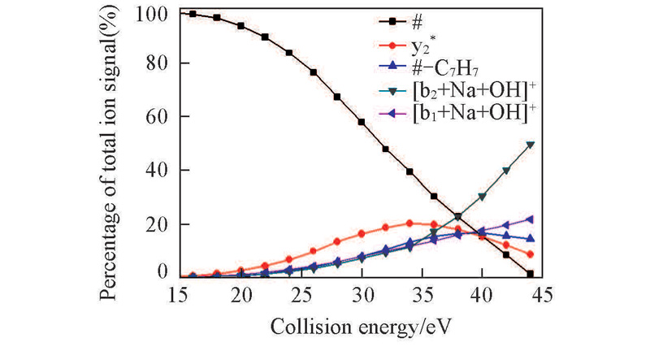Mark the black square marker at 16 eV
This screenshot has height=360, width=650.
[x=193, y=14]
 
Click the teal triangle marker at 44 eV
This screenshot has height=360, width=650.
[x=530, y=145]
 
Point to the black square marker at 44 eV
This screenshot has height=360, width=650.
[x=530, y=275]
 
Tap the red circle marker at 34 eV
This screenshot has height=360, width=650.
[x=409, y=223]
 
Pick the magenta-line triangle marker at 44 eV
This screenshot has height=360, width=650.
[x=530, y=219]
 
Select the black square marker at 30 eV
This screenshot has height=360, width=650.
[x=362, y=122]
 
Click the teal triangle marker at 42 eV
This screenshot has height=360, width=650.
[x=506, y=171]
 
